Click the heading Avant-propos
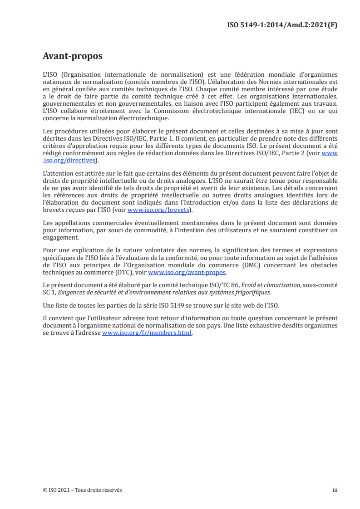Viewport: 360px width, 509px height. point(72,56)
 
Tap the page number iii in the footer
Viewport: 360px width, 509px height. point(335,490)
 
